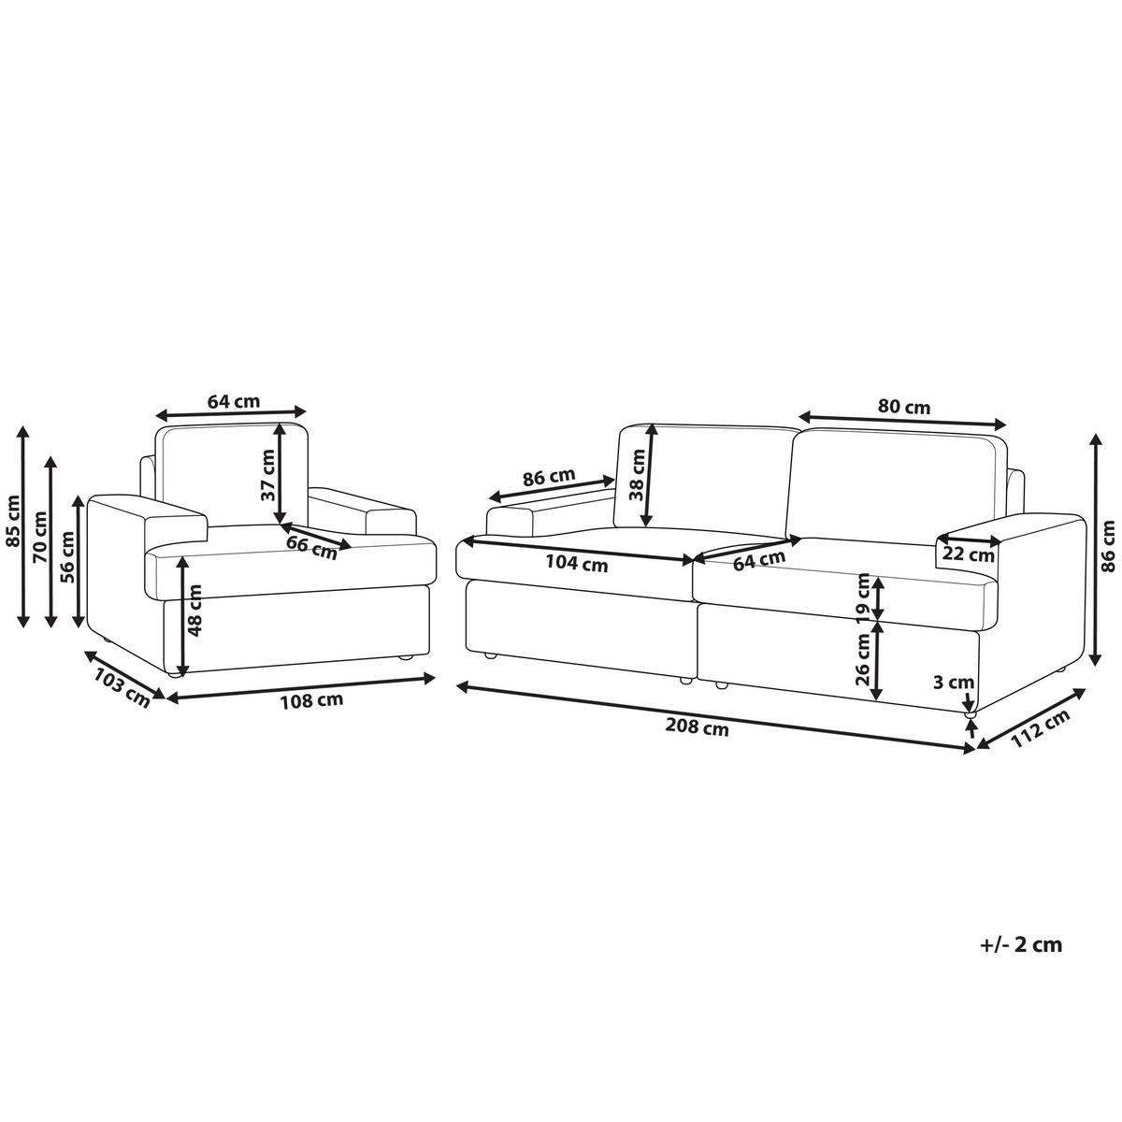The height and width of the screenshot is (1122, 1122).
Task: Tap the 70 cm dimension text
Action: tap(41, 537)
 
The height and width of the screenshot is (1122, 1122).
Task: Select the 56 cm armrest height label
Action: tap(67, 557)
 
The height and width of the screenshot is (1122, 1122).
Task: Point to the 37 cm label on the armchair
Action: tap(267, 475)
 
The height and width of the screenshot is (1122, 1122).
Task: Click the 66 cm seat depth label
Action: tap(312, 547)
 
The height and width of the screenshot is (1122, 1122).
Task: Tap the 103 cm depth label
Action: tap(122, 688)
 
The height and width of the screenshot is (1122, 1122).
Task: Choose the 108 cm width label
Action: tap(312, 700)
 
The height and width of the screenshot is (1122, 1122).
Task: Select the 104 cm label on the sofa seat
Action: tap(577, 564)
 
